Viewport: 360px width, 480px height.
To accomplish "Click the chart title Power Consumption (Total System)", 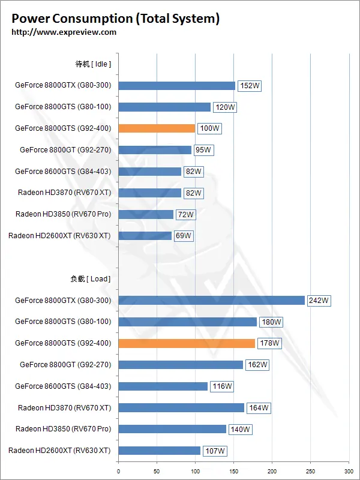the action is click(x=115, y=19).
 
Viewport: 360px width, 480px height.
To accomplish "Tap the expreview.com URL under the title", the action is click(x=64, y=32).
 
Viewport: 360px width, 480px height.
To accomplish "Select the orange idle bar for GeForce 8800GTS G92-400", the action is click(x=157, y=128).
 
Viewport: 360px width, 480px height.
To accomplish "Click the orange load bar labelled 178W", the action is click(x=187, y=343).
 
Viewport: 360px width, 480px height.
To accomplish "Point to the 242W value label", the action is click(x=319, y=301).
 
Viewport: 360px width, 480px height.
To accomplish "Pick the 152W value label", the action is click(x=250, y=86).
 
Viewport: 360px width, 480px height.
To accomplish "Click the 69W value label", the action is click(x=184, y=236).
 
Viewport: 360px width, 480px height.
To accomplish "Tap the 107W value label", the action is click(x=215, y=451).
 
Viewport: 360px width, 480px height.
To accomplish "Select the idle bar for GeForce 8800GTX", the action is click(x=176, y=86).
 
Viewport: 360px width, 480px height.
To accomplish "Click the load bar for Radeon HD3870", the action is click(x=181, y=408).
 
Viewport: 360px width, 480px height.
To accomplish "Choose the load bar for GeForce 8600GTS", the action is click(x=163, y=386).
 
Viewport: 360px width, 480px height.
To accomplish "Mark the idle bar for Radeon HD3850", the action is click(x=146, y=214).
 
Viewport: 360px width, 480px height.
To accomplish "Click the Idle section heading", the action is click(x=93, y=64).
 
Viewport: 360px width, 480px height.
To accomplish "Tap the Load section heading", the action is click(x=91, y=279).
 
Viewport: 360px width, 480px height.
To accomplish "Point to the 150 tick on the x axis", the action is click(x=233, y=471).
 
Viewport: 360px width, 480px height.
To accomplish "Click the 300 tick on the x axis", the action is click(x=349, y=471).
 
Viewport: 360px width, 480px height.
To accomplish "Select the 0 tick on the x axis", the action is click(x=118, y=471).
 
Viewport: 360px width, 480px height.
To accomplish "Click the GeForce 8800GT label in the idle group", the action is click(x=65, y=150).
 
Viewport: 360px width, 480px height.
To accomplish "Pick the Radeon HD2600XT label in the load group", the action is click(x=59, y=451).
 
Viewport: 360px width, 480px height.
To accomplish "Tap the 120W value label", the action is click(x=226, y=107).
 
